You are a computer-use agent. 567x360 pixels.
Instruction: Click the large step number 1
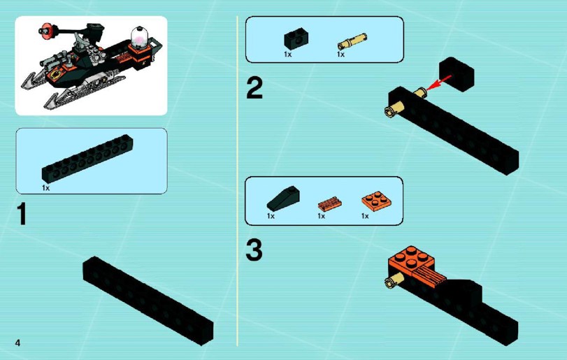[22, 214]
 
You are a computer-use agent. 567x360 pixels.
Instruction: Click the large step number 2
[254, 88]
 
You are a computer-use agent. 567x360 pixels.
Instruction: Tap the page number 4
[17, 343]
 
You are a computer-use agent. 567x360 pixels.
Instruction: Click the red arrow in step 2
[438, 82]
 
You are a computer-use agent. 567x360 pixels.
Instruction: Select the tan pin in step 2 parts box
[352, 41]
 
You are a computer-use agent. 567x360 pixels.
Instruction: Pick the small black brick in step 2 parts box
[296, 38]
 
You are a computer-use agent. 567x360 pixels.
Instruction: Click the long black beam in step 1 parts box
[87, 159]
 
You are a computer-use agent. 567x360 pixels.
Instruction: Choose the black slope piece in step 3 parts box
[283, 199]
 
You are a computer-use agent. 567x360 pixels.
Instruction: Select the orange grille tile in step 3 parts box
[330, 204]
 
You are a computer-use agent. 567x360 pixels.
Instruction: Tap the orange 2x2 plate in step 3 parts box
[376, 200]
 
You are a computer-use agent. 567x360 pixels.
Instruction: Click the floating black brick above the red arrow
[457, 74]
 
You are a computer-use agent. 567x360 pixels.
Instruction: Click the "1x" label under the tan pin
[340, 55]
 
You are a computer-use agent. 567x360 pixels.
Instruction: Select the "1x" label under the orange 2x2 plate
[365, 216]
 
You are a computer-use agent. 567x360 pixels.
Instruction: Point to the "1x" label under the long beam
[46, 188]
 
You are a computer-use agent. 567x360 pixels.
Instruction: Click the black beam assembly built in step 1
[148, 301]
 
